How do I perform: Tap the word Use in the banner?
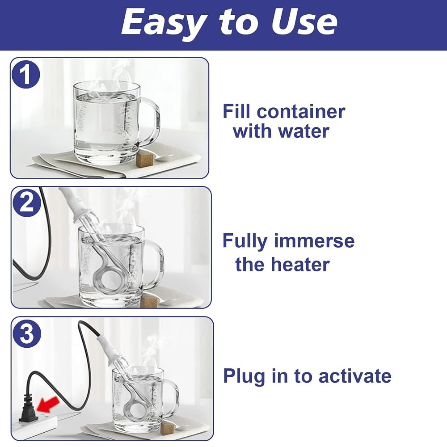tap(304, 21)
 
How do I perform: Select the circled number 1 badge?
tap(25, 74)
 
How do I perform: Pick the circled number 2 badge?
tap(27, 202)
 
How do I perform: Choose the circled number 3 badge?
tap(27, 333)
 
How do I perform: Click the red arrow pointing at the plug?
tap(48, 405)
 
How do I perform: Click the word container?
tap(301, 111)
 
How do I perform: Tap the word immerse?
tap(314, 240)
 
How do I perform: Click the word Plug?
tap(245, 377)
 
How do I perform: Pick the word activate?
tap(355, 376)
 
